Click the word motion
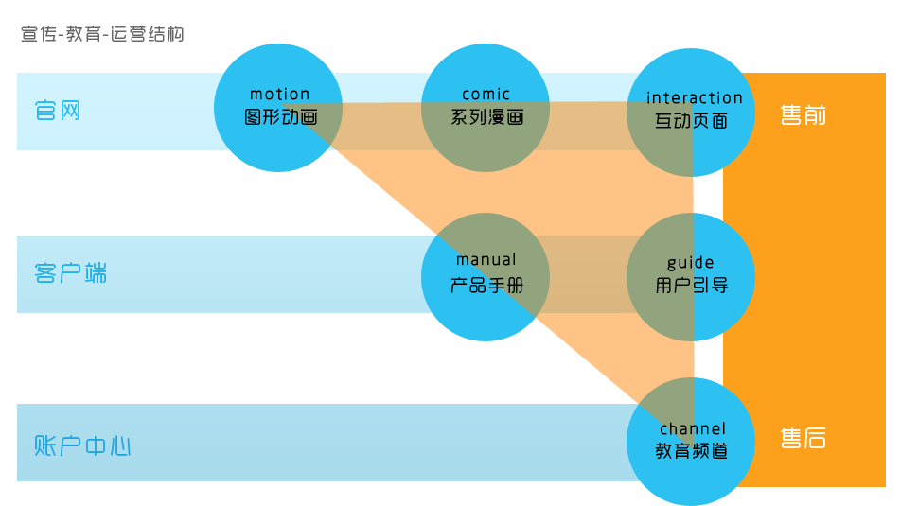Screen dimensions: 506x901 pos(279,95)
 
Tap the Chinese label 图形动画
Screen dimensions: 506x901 pos(279,118)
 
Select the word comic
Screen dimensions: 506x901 pos(486,95)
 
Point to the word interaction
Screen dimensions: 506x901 pos(695,98)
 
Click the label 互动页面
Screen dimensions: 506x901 pos(692,121)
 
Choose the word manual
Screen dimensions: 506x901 pos(486,260)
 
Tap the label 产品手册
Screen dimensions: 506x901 pos(486,285)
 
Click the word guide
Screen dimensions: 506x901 pos(691,263)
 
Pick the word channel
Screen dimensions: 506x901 pos(693,429)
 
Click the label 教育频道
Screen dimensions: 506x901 pos(692,451)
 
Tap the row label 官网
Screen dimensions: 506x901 pos(58,111)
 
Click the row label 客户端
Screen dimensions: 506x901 pos(70,274)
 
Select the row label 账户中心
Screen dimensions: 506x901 pos(82,445)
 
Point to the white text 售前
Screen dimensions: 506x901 pos(804,115)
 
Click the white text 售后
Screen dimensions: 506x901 pos(804,438)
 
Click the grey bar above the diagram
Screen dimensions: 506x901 pos(102,33)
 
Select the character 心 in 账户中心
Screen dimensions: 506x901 pos(119,445)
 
